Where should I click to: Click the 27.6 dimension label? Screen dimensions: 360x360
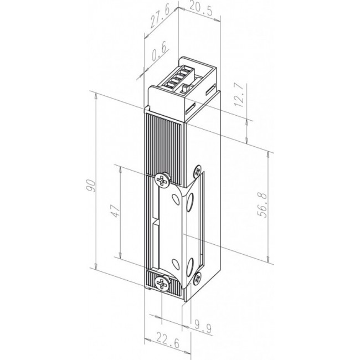coord(160,17)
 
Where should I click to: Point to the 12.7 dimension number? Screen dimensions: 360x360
coord(239,95)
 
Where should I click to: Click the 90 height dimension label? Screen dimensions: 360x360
coord(91,186)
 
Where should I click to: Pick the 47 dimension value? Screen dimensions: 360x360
coord(116,211)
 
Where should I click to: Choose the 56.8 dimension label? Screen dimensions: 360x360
coord(262,205)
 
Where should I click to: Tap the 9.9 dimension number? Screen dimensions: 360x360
coord(203,327)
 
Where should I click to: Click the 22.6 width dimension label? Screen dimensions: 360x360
coord(168,343)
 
